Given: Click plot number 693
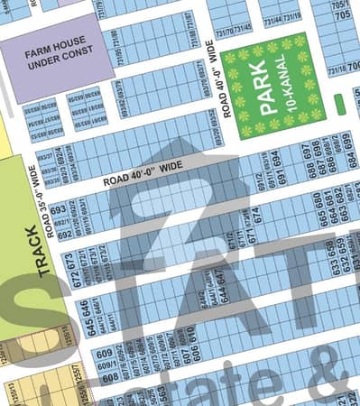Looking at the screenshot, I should coord(60,212).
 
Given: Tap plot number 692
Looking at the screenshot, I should coord(64,233).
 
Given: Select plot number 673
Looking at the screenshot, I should coord(69,262).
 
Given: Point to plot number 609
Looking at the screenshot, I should coord(105,353).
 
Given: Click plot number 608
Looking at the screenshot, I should coord(109,378).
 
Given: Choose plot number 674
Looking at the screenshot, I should coord(257,216).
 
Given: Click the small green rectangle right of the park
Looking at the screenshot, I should coord(339,105).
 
